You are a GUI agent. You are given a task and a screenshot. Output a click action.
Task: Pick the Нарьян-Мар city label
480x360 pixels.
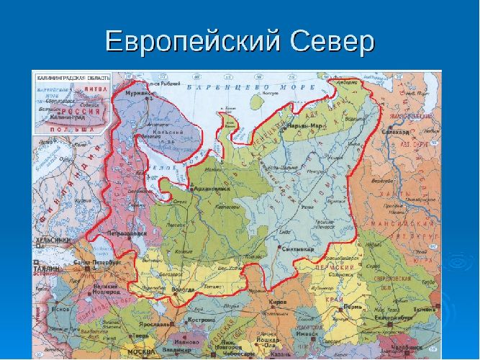point(304,126)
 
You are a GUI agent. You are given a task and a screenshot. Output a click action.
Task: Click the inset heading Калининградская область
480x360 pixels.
point(70,76)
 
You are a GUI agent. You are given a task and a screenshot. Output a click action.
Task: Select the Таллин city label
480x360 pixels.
point(43,265)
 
